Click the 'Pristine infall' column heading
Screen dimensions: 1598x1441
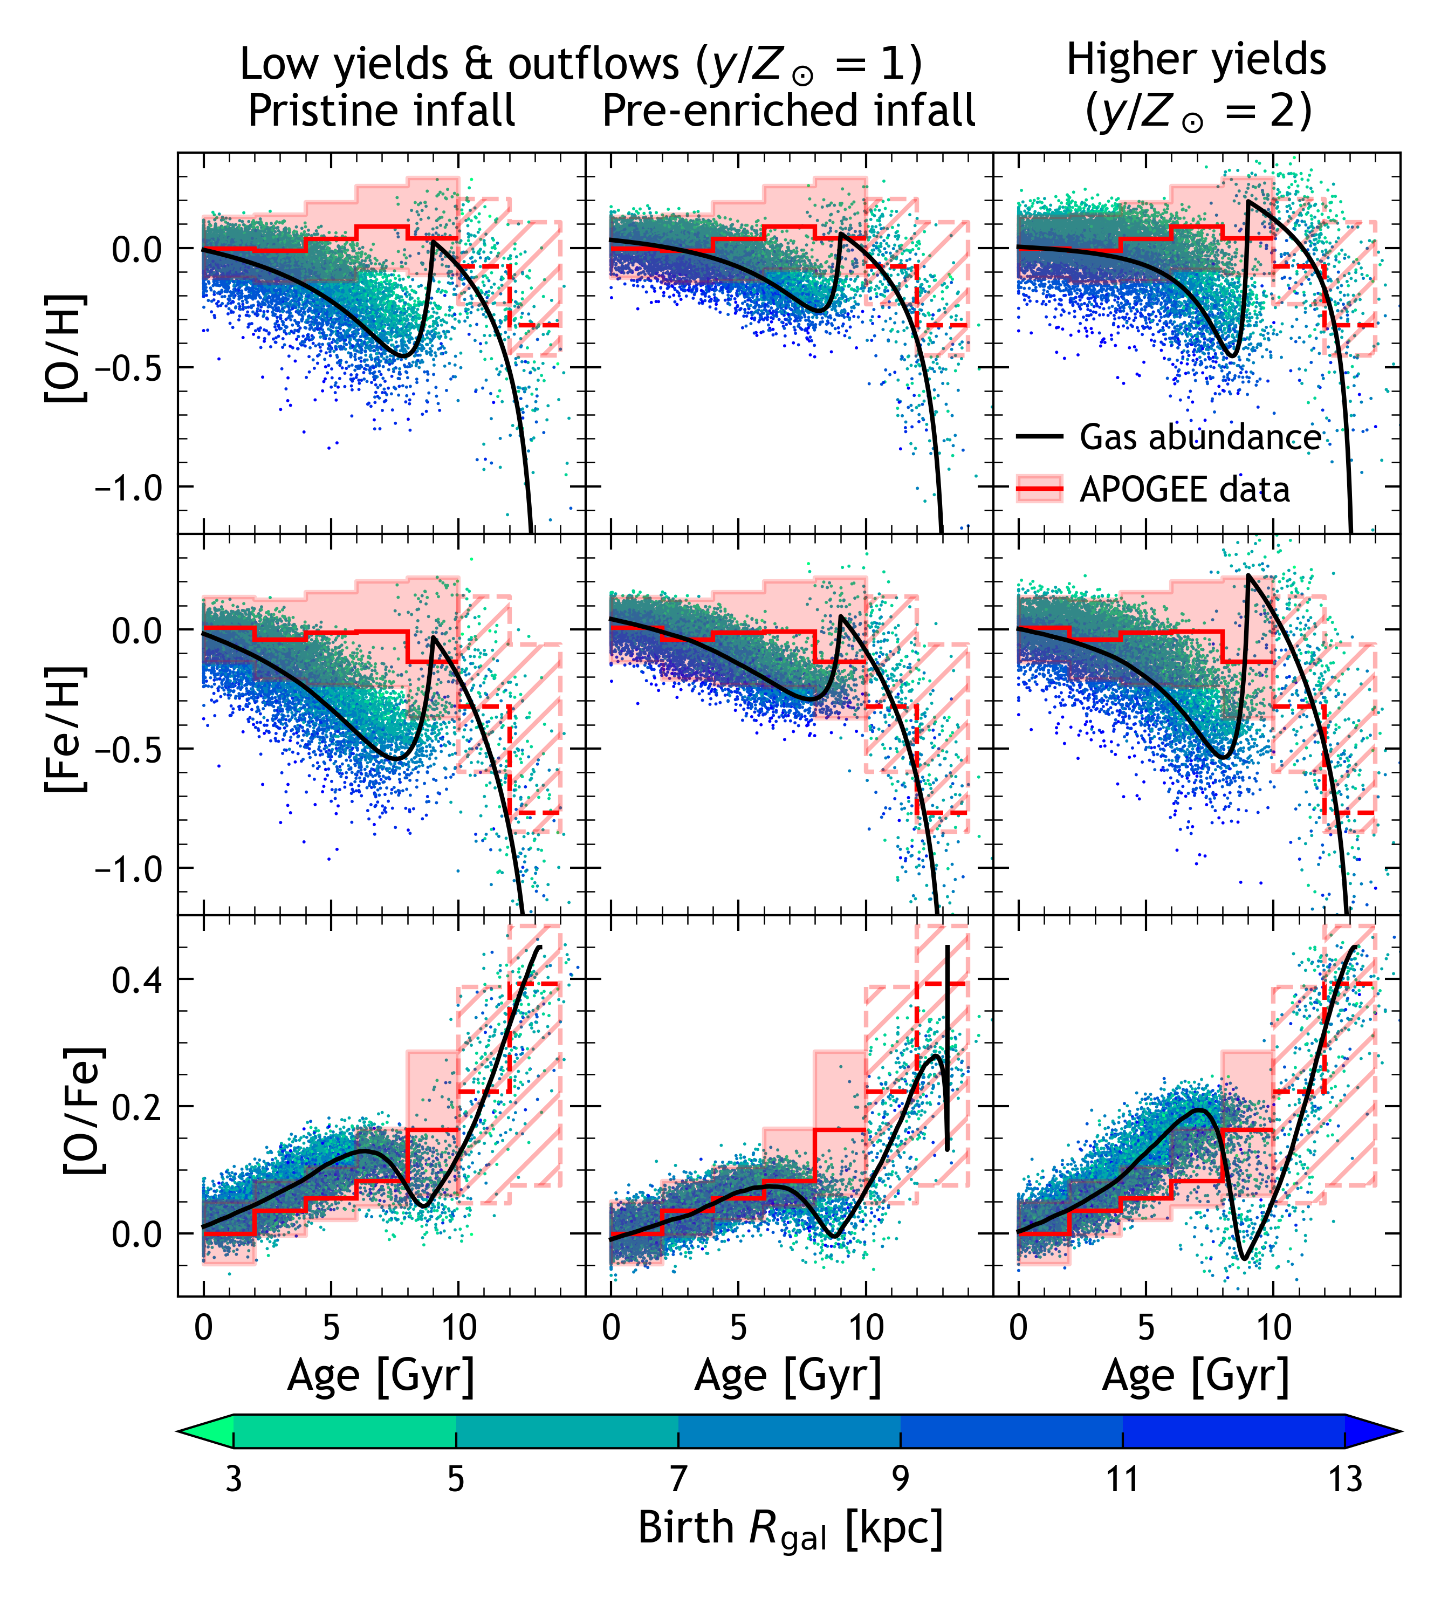point(382,111)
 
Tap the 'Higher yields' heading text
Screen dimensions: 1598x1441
point(1196,60)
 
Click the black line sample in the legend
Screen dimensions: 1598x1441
point(1039,437)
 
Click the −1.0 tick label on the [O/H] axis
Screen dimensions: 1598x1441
point(128,487)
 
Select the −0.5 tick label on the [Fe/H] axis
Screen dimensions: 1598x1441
point(128,750)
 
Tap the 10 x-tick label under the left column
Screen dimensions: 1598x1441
point(458,1327)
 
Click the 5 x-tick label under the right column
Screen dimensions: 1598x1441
point(1145,1327)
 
